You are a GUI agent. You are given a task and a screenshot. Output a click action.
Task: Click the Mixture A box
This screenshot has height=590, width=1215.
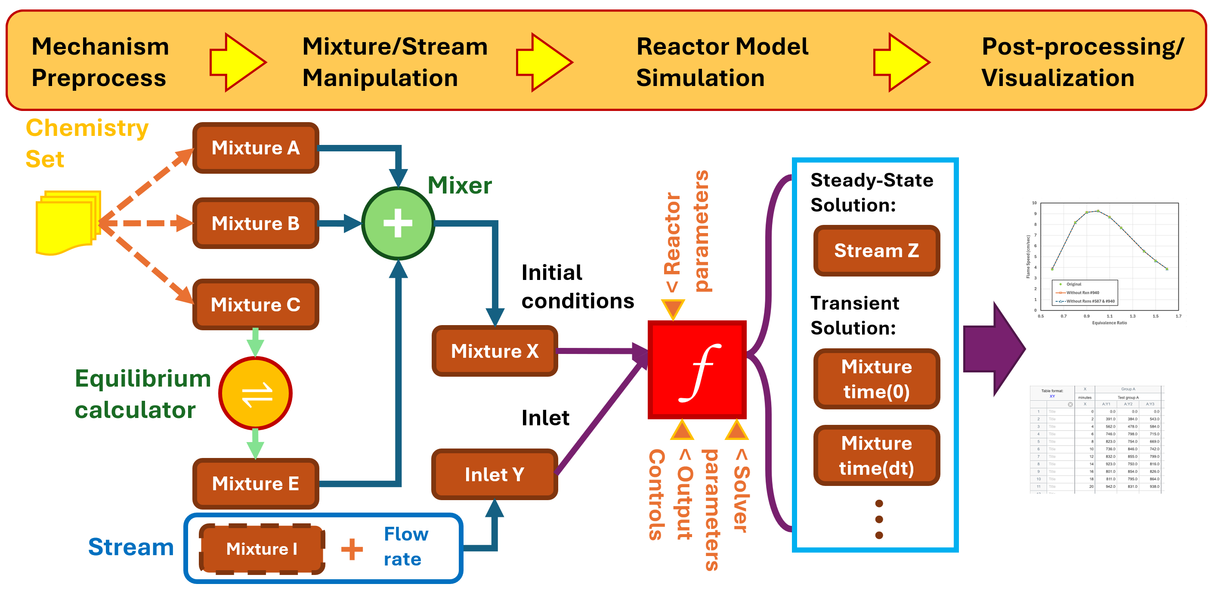click(x=256, y=148)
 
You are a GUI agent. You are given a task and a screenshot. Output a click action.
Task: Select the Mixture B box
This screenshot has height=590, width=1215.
click(x=256, y=223)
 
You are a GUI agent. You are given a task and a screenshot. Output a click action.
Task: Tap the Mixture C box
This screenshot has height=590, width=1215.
click(x=256, y=304)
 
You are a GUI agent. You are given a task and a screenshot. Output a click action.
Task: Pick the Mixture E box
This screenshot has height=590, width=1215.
click(x=256, y=483)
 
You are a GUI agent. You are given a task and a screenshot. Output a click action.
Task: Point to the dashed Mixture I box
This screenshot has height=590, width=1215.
click(x=262, y=549)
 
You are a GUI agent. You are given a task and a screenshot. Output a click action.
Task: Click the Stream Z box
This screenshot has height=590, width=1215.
click(x=876, y=251)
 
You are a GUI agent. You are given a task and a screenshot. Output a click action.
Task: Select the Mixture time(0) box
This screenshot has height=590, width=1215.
click(x=876, y=379)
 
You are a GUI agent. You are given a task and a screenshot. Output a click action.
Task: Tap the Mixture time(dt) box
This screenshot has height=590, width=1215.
click(x=876, y=456)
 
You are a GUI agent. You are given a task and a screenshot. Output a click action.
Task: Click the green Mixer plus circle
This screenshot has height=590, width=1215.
click(x=398, y=223)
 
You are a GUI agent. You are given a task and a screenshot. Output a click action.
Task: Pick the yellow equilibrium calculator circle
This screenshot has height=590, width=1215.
click(x=256, y=393)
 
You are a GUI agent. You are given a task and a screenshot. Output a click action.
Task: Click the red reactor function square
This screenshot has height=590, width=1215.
click(x=697, y=370)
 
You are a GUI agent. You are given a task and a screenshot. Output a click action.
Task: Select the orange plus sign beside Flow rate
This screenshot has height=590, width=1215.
click(x=352, y=550)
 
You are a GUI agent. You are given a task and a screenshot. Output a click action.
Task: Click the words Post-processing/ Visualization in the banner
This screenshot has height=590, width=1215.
click(x=1082, y=62)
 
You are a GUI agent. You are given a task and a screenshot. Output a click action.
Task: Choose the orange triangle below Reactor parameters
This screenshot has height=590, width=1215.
click(x=673, y=309)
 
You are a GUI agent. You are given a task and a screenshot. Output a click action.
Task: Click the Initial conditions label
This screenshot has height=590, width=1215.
click(x=577, y=286)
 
